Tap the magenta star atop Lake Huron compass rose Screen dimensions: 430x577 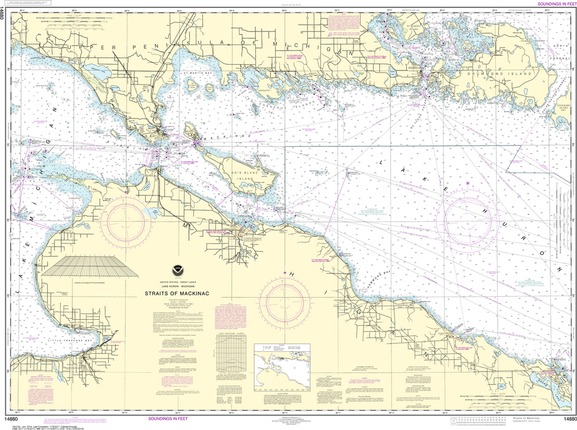click(x=467, y=183)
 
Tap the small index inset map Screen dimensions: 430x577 click(x=282, y=365)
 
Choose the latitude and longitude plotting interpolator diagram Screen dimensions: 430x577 click(x=90, y=267)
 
